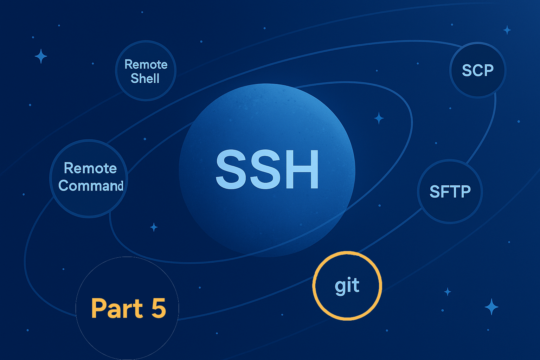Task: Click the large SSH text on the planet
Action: [x=267, y=169]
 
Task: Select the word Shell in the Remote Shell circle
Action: [x=145, y=78]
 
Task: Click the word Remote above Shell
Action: [x=146, y=64]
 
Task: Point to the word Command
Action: [x=91, y=186]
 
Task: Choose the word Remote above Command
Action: [x=90, y=168]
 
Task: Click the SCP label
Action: [x=477, y=70]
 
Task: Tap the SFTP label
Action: [x=450, y=192]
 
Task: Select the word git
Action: [x=347, y=286]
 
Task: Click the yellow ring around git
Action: [x=347, y=252]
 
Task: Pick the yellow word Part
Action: [x=117, y=308]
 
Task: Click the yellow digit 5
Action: [x=159, y=308]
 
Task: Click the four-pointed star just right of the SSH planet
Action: [x=379, y=118]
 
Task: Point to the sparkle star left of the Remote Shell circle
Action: [x=41, y=56]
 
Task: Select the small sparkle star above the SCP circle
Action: [x=507, y=30]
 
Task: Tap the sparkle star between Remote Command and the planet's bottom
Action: [x=154, y=227]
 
